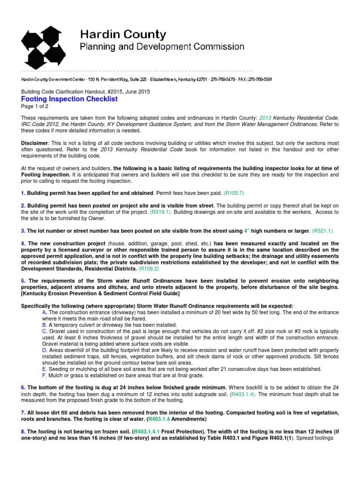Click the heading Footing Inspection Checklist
(x=69, y=99)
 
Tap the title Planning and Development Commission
(x=162, y=46)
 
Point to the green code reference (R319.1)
(x=161, y=212)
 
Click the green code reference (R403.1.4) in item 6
(x=243, y=394)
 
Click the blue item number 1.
(x=23, y=193)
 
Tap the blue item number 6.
(x=23, y=388)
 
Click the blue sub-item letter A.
(x=45, y=312)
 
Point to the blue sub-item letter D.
(x=45, y=350)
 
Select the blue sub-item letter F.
(x=44, y=375)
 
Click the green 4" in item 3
(x=247, y=231)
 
